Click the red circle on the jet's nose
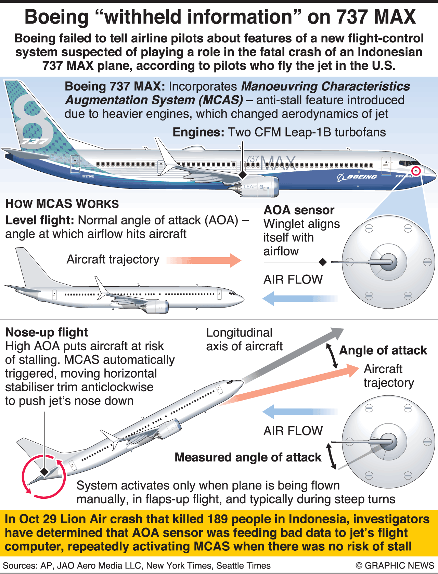pyautogui.click(x=416, y=170)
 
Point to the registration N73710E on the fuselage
pyautogui.click(x=88, y=177)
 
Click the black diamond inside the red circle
pyautogui.click(x=44, y=472)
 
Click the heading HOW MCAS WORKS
pyautogui.click(x=62, y=204)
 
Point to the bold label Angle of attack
pyautogui.click(x=383, y=350)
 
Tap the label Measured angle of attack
pyautogui.click(x=248, y=457)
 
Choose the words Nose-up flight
pyautogui.click(x=47, y=332)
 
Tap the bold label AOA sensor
pyautogui.click(x=299, y=210)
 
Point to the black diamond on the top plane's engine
pyautogui.click(x=242, y=175)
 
